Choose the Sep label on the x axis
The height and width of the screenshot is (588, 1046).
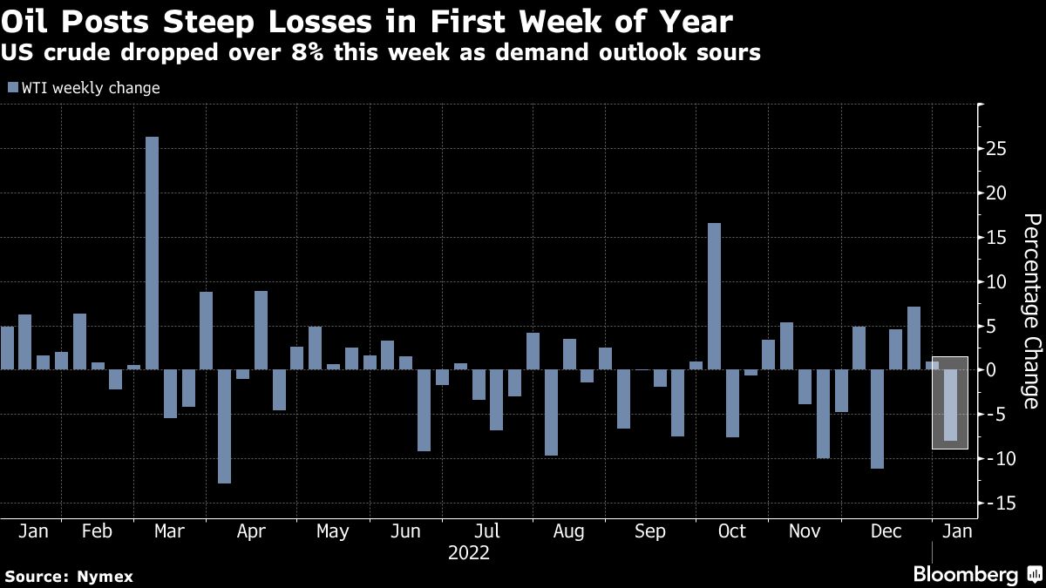pyautogui.click(x=650, y=531)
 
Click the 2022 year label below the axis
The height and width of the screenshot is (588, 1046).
pyautogui.click(x=468, y=553)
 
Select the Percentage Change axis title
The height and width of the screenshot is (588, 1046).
pyautogui.click(x=1030, y=310)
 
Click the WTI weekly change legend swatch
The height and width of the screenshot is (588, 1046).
pyautogui.click(x=12, y=88)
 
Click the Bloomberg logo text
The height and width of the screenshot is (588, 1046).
pyautogui.click(x=965, y=575)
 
